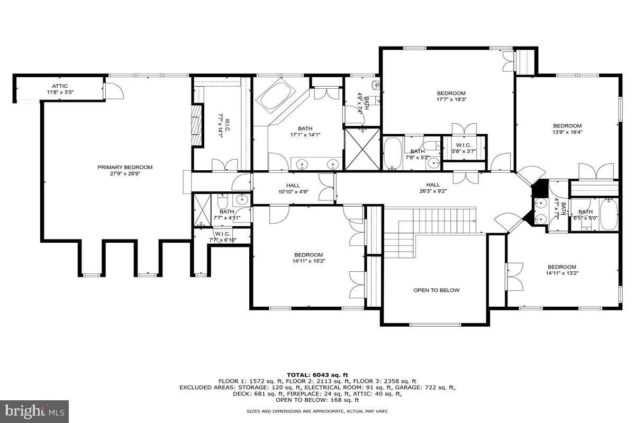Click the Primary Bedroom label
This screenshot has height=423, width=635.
[125, 170]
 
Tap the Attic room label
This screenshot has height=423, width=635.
[60, 89]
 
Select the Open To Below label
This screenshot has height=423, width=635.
[436, 290]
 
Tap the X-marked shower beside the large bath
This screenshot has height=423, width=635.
[362, 149]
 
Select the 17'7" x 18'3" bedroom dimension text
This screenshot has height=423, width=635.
[451, 99]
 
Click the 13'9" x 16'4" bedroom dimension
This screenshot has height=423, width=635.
[567, 132]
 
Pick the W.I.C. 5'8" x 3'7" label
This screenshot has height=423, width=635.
[464, 148]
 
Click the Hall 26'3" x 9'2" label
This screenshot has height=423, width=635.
[433, 188]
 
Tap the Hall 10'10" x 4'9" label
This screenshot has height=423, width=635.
[293, 189]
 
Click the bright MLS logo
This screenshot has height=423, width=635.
[34, 411]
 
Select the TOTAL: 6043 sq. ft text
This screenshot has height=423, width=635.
[317, 375]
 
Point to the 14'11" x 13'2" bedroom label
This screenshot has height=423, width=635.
[562, 270]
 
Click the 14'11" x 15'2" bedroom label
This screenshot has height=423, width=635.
[309, 258]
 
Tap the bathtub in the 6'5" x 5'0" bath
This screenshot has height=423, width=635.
[609, 214]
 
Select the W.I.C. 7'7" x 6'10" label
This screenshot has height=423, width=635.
[223, 237]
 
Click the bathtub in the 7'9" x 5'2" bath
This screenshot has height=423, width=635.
[392, 153]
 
